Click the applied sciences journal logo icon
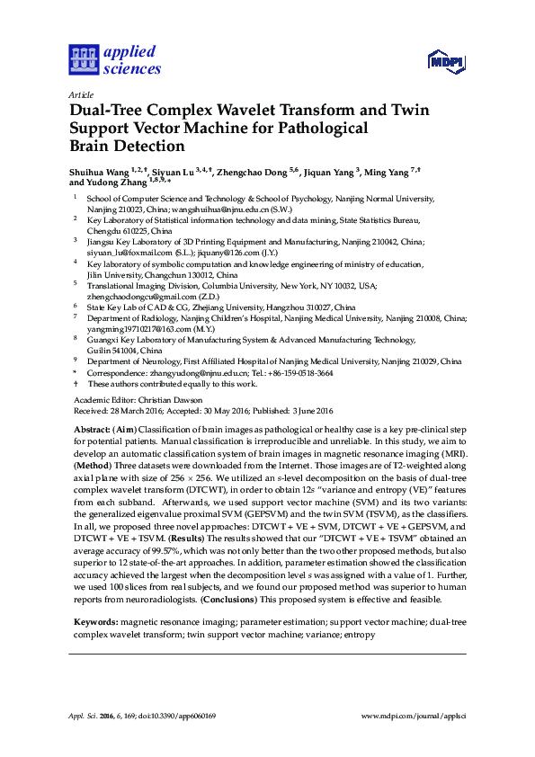click(x=84, y=60)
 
